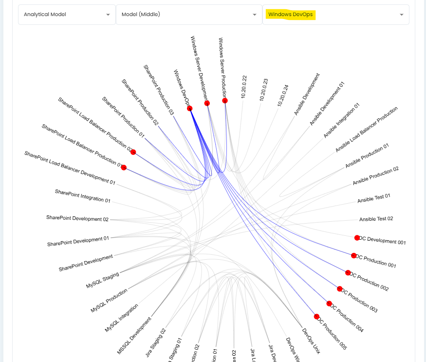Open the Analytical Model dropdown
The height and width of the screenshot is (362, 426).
point(67,15)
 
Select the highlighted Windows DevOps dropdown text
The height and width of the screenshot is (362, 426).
point(290,15)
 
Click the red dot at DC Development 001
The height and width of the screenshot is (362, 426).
point(357,238)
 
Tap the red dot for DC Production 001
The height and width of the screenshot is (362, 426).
point(354,255)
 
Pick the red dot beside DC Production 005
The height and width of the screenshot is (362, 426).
point(316,316)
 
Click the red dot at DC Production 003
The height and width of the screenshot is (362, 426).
point(340,289)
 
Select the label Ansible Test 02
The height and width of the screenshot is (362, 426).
point(376,219)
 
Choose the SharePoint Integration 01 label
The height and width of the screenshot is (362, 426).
point(83,196)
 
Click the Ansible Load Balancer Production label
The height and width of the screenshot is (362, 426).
point(366,130)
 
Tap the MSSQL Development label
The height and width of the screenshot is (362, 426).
point(134,336)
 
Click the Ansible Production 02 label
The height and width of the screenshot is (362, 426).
point(375,176)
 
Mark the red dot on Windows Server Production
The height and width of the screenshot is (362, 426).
point(225,100)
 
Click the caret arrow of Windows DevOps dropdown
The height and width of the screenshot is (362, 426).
point(402,15)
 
